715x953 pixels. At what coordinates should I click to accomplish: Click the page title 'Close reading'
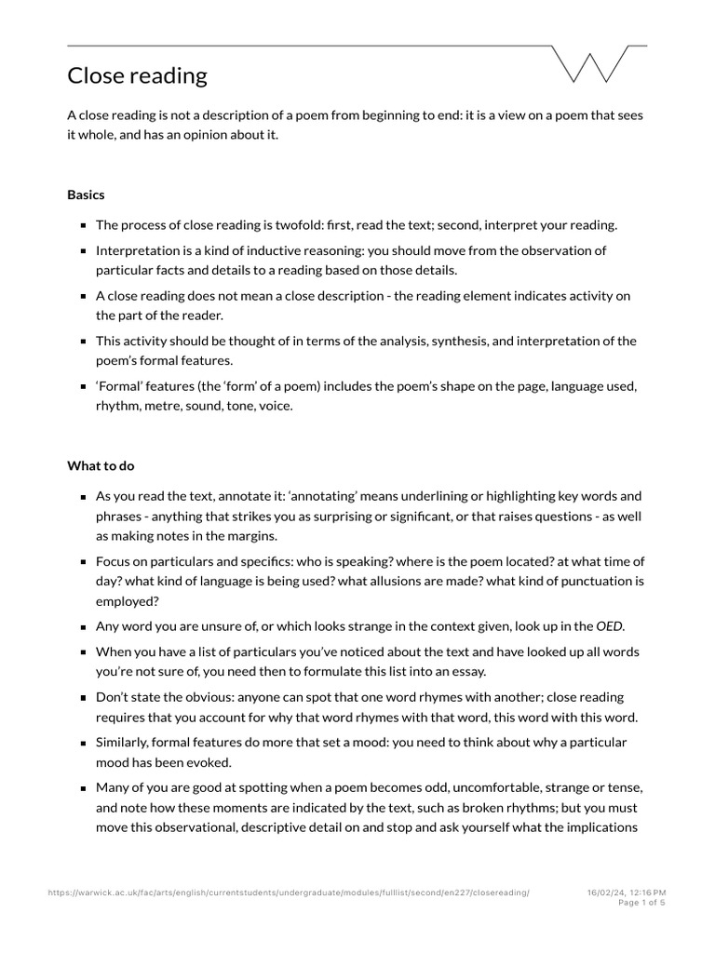[x=137, y=75]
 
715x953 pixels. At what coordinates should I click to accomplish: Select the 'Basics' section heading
[x=86, y=195]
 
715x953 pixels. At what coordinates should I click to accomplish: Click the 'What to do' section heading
[x=101, y=465]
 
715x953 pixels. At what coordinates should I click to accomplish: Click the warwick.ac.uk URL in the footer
[x=289, y=892]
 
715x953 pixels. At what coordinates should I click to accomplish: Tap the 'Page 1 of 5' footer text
[x=641, y=903]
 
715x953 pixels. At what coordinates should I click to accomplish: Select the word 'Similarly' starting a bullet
[x=123, y=742]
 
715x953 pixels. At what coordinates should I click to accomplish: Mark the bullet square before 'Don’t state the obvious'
[x=84, y=697]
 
